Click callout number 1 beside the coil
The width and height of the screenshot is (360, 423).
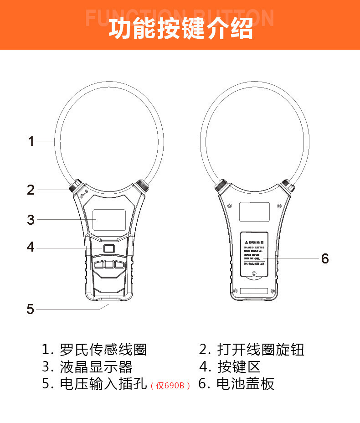(31, 141)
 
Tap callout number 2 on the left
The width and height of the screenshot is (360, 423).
(31, 190)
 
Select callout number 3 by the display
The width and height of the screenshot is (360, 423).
(31, 220)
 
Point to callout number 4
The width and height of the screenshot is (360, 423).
(31, 248)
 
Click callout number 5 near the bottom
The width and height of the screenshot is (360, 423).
(31, 310)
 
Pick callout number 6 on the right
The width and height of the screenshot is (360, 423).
(324, 258)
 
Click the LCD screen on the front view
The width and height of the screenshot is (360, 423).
(108, 220)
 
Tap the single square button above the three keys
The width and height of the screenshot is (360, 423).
(108, 248)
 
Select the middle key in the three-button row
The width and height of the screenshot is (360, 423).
(108, 264)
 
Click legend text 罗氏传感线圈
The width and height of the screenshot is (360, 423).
(103, 350)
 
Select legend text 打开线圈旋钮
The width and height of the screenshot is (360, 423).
(261, 350)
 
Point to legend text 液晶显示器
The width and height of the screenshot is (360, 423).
(96, 366)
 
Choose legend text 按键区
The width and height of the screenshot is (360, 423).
(239, 366)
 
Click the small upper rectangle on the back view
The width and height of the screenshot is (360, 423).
(254, 211)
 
